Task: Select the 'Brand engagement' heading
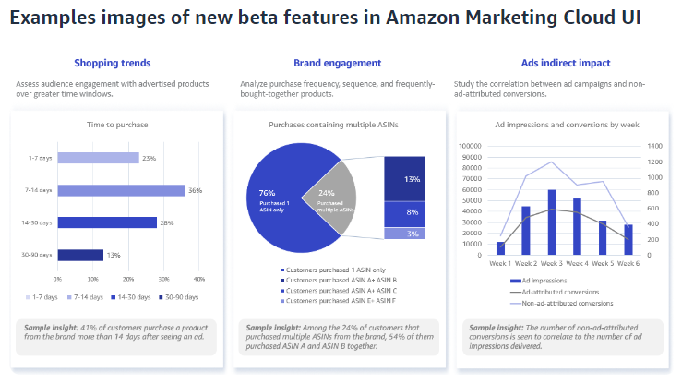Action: point(337,63)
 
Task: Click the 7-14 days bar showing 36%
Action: point(121,190)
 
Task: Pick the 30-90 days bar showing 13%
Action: point(80,255)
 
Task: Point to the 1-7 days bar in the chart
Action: point(98,158)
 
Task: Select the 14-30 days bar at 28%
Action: point(107,222)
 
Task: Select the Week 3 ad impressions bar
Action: point(551,222)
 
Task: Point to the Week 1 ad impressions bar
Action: point(500,248)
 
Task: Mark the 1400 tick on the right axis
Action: point(653,146)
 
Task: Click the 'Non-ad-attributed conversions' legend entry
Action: point(568,303)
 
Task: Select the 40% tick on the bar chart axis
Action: point(198,278)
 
